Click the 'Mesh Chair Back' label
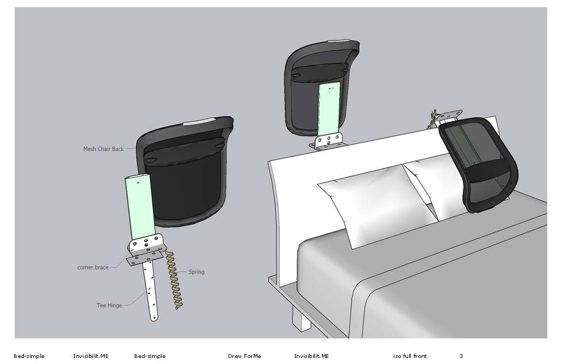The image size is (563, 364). (104, 149)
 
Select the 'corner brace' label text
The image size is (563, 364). (93, 267)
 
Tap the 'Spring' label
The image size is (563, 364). (196, 272)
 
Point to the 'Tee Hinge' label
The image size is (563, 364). (109, 306)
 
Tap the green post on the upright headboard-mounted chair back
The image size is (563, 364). (328, 110)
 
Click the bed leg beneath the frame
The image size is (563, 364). (301, 318)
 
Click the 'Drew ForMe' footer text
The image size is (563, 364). (244, 356)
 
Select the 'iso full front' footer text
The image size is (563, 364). (410, 356)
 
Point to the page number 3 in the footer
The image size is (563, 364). (461, 356)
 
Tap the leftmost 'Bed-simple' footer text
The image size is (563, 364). (29, 356)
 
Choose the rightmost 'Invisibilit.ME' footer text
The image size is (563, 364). (312, 356)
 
